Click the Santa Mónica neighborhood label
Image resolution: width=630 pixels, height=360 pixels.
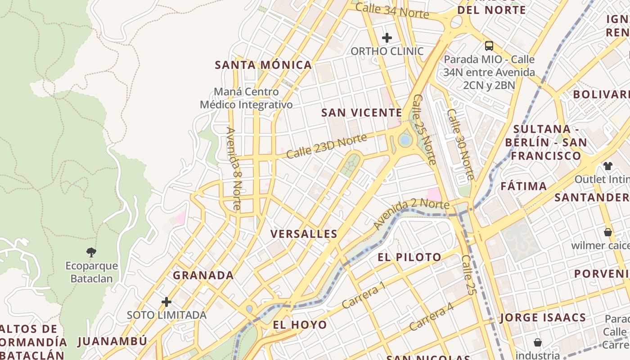pos(263,65)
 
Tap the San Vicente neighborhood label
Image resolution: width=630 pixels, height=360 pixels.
pos(361,112)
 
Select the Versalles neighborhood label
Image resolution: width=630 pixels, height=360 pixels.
pos(304,234)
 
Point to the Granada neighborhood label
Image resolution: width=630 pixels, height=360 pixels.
pos(203,275)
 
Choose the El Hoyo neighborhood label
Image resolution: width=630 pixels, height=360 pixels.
pos(300,324)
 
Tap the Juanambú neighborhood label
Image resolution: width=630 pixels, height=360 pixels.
pos(112,341)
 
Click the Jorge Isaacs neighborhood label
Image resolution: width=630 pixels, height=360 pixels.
pos(543,318)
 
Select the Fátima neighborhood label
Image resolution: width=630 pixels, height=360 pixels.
pos(524,186)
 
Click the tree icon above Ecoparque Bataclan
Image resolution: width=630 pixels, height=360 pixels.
pos(91,252)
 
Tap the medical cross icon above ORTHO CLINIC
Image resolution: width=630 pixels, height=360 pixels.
pos(387,38)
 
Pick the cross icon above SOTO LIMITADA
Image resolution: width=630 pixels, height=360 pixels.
pos(166,301)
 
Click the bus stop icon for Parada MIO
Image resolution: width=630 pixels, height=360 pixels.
pos(489,45)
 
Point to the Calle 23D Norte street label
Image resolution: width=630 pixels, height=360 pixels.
pos(326,146)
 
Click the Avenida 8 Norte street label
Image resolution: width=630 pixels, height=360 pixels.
pos(234,169)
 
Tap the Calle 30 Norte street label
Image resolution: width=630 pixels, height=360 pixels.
pos(460,144)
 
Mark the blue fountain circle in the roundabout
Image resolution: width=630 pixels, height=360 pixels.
pos(405,140)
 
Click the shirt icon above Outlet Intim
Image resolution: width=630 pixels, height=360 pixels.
pos(608,166)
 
